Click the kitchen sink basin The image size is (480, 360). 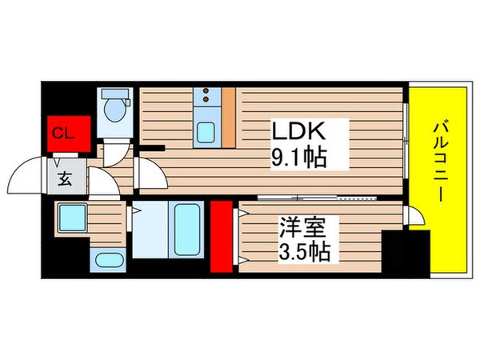point(206,133)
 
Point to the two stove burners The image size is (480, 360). point(206,97)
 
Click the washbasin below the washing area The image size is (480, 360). point(106,259)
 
